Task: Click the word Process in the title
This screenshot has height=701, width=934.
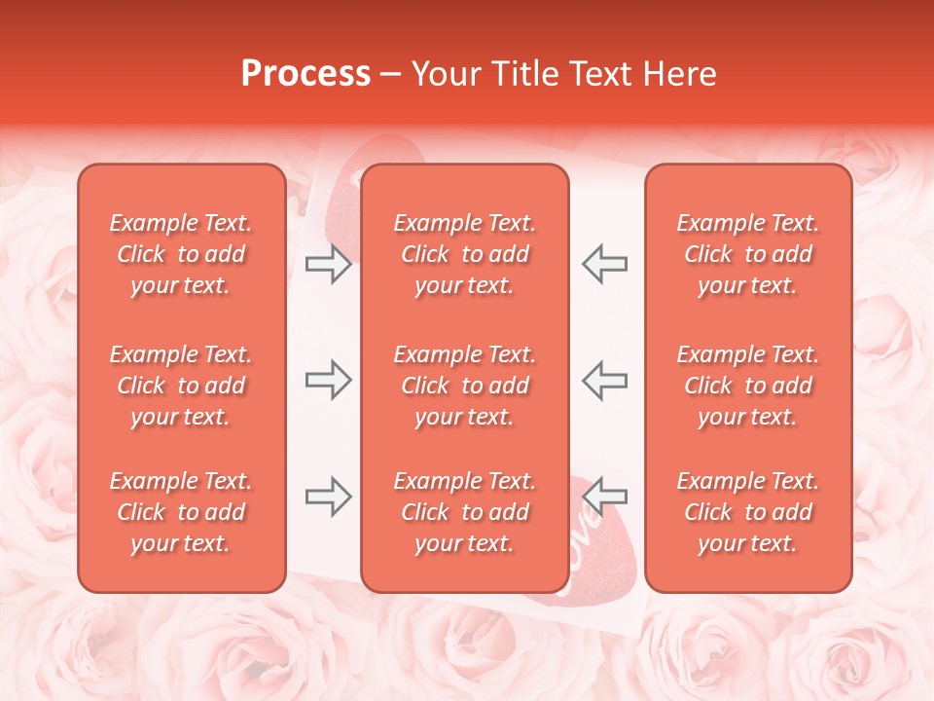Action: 305,74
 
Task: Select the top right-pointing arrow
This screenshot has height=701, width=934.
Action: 328,264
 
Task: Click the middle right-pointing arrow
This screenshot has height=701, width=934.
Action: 328,380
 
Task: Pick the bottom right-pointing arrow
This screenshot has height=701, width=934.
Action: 328,497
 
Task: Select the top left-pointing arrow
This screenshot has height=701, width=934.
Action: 604,264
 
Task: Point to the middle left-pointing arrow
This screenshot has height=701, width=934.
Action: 604,380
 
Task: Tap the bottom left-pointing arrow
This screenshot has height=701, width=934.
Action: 604,497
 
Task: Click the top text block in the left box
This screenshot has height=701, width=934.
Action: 181,254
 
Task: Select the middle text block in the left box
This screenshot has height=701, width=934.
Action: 181,386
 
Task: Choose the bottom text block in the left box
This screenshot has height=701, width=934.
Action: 181,512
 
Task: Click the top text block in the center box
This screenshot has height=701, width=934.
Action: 464,254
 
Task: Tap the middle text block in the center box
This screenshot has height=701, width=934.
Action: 464,386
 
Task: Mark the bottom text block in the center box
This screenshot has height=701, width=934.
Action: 464,512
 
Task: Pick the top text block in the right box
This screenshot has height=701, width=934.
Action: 747,254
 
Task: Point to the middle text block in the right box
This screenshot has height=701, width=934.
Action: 747,386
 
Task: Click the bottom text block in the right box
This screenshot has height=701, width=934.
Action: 747,512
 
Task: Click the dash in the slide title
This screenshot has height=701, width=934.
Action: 390,75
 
